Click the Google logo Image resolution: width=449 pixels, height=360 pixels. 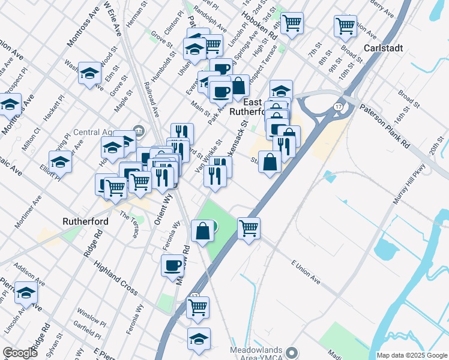pyautogui.click(x=20, y=353)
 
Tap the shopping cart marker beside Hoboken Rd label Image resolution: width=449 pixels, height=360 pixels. pyautogui.click(x=292, y=24)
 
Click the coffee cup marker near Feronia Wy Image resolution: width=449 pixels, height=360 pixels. pyautogui.click(x=172, y=265)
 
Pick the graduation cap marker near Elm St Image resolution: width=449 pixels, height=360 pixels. pyautogui.click(x=89, y=73)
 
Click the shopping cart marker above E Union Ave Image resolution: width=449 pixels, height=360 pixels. pyautogui.click(x=249, y=228)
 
